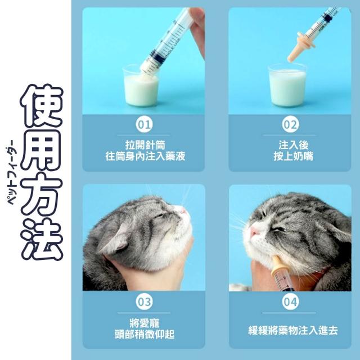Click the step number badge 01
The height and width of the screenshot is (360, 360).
(144, 124)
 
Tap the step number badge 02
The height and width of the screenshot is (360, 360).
(290, 124)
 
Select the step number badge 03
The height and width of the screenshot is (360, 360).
(144, 301)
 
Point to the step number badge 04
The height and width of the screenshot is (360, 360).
(290, 301)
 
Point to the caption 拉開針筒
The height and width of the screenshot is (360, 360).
(145, 145)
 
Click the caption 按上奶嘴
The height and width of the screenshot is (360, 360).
(293, 156)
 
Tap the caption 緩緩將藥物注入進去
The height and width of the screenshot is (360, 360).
(293, 330)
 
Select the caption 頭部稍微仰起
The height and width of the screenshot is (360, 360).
(145, 334)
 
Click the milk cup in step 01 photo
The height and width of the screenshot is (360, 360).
(141, 86)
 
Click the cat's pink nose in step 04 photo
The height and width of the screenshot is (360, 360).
(254, 231)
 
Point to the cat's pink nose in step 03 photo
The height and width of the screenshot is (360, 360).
(182, 210)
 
